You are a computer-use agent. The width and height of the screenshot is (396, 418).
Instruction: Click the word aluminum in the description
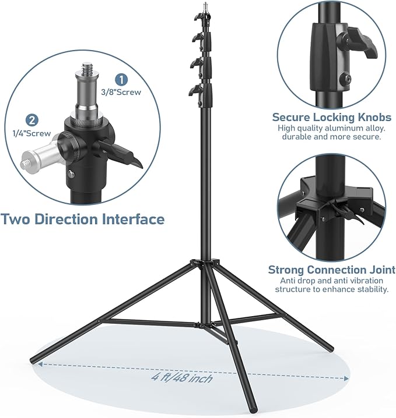[344, 127]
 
